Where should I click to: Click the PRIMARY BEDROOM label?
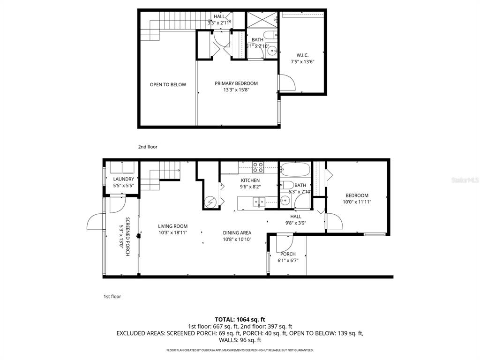tap(236, 83)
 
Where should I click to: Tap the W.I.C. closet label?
tap(302, 55)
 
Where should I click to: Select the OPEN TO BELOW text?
tap(168, 85)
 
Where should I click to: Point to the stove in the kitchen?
tap(258, 167)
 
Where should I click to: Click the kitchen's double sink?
tap(258, 202)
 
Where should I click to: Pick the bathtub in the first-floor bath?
tap(295, 169)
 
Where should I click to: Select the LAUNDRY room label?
tap(123, 179)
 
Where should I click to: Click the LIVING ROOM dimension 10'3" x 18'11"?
tap(172, 232)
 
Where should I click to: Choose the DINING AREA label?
tap(237, 232)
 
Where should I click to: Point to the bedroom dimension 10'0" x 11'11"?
tap(357, 202)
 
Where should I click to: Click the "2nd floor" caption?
tap(148, 147)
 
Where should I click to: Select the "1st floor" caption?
tap(112, 296)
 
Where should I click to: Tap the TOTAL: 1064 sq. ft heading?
tap(240, 319)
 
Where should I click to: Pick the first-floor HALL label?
tap(296, 217)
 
